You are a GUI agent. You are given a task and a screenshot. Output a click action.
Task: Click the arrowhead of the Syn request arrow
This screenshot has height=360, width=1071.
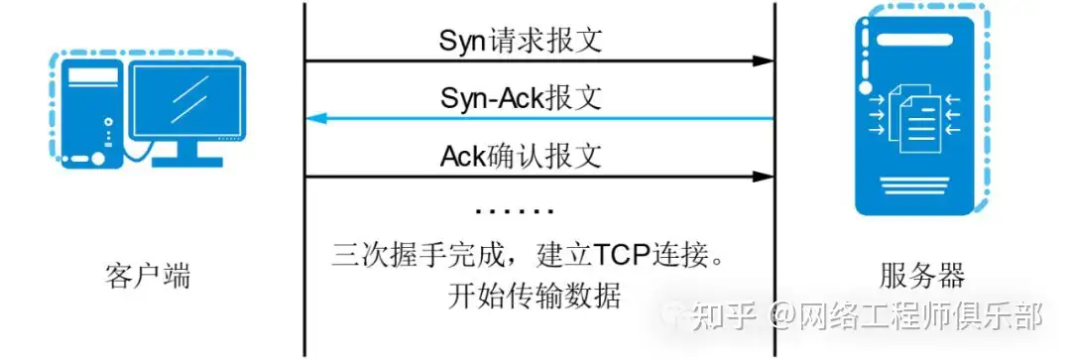click(x=763, y=60)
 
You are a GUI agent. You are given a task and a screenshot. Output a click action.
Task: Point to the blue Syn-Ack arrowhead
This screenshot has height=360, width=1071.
click(x=315, y=119)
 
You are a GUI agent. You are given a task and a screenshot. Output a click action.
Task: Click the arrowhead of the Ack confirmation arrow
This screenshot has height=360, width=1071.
click(x=763, y=177)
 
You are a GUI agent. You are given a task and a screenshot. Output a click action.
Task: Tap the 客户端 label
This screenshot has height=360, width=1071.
click(x=147, y=276)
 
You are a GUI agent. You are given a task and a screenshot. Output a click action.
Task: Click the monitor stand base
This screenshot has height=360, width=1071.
click(x=188, y=158)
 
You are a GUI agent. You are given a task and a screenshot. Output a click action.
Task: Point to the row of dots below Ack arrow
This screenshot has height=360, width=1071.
click(x=514, y=211)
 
